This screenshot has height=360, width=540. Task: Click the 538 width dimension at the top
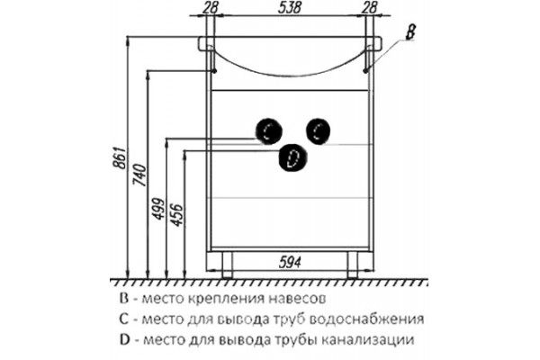coord(290,7)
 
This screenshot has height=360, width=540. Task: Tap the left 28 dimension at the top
coord(210,7)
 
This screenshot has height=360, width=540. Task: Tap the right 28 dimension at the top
coord(370,7)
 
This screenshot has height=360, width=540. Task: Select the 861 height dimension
coord(121,158)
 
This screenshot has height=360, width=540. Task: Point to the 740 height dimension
coord(140,175)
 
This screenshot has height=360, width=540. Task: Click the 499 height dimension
coord(158,209)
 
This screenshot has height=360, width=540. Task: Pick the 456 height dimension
coord(177,215)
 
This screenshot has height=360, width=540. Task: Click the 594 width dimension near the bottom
coord(290,263)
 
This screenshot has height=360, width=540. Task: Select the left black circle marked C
coord(268,131)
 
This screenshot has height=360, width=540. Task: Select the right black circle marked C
coord(319,131)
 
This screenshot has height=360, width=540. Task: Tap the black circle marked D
coord(292,157)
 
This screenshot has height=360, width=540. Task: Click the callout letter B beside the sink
coord(409,32)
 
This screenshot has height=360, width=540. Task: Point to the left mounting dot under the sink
coord(214,71)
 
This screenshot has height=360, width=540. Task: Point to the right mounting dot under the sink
coord(365,71)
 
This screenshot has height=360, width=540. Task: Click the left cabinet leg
coord(227,265)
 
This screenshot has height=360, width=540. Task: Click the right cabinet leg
coord(353,265)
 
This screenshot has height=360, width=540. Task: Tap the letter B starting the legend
coord(124,298)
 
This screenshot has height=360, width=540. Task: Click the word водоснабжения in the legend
coord(367,319)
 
